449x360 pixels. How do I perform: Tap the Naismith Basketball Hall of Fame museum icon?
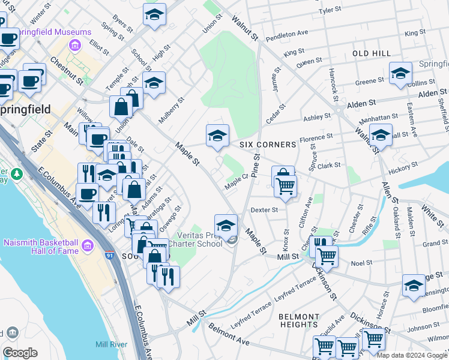(x=88, y=245)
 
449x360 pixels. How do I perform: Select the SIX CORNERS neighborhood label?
(x=268, y=145)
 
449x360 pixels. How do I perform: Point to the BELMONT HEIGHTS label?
(x=299, y=321)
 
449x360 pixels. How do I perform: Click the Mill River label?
(x=110, y=344)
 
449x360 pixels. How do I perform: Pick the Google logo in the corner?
(x=20, y=353)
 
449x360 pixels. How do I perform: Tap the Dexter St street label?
(x=264, y=210)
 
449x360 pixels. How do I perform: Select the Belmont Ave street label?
(x=228, y=334)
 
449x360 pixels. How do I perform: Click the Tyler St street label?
(x=330, y=10)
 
